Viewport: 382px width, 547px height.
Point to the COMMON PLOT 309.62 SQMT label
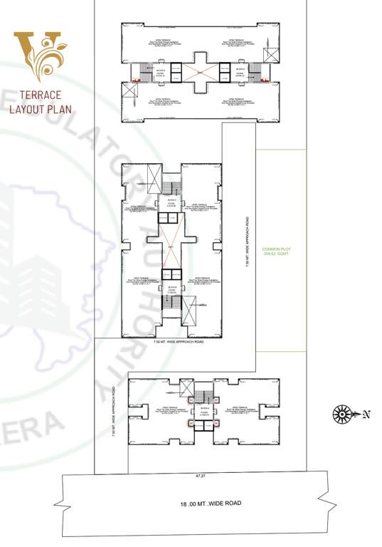[x=277, y=251]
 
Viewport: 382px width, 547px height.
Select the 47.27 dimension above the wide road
[x=204, y=474]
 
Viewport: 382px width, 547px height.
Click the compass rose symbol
[x=343, y=413]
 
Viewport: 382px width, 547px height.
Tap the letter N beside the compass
[x=366, y=413]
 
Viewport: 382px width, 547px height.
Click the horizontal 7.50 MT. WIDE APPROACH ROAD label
[x=179, y=343]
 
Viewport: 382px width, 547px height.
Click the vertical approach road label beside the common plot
[x=247, y=241]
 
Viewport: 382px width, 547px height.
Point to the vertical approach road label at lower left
[x=112, y=413]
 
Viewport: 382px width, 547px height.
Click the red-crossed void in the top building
[x=201, y=72]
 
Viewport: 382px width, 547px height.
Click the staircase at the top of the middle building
[x=169, y=187]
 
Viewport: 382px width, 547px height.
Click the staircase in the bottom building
[x=204, y=396]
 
